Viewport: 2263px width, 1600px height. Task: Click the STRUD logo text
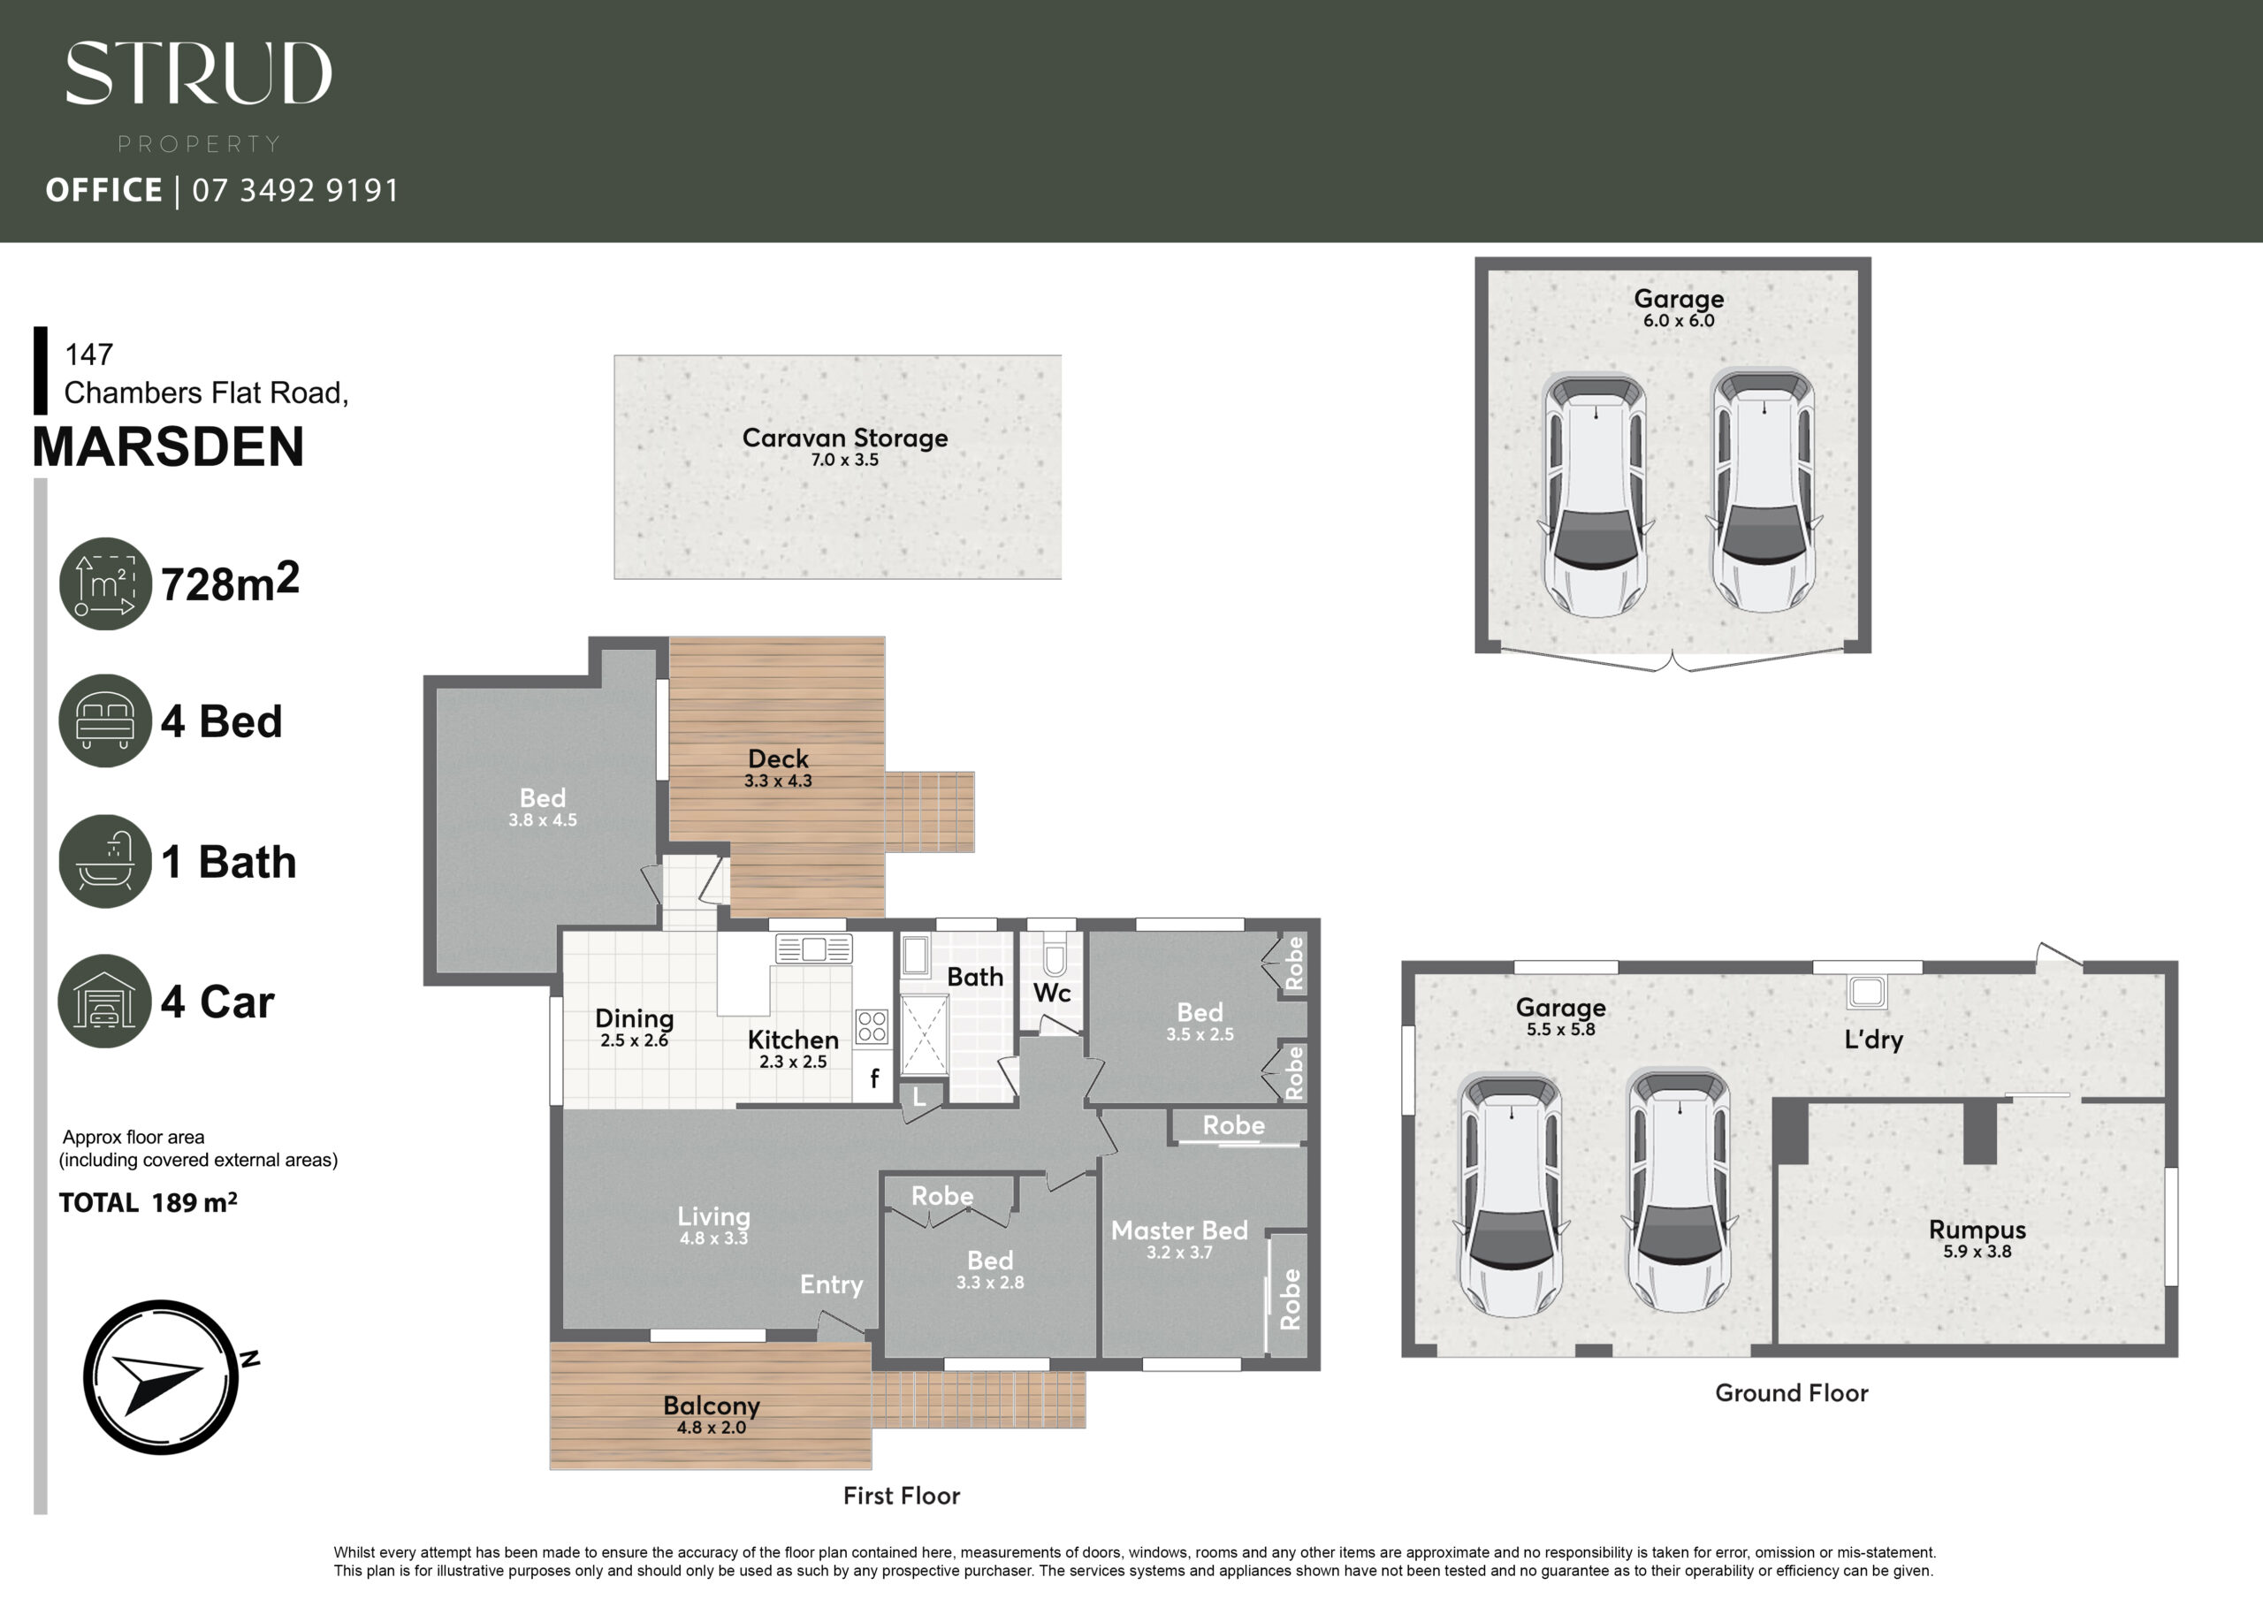(198, 73)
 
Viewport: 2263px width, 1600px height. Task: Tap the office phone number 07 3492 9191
(295, 189)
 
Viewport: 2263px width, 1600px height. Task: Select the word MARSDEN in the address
(169, 446)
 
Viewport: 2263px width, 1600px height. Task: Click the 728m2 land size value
(230, 583)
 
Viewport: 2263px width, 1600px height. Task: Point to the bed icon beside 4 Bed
(105, 720)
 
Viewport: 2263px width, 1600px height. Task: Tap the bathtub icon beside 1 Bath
(105, 861)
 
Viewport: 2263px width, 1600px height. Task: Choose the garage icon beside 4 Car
(105, 1001)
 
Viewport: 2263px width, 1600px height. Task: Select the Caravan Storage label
(845, 438)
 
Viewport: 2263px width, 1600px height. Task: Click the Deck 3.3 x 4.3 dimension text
(778, 781)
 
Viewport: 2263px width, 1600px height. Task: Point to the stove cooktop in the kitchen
(872, 1026)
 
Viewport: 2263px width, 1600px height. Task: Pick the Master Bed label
(1179, 1230)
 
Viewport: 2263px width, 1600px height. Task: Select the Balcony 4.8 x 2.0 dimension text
(711, 1428)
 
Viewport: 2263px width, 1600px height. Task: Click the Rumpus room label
(1977, 1230)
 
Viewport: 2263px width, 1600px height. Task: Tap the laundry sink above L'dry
(1867, 992)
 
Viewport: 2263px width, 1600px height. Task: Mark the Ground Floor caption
(1791, 1392)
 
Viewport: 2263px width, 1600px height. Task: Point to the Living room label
(713, 1216)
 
